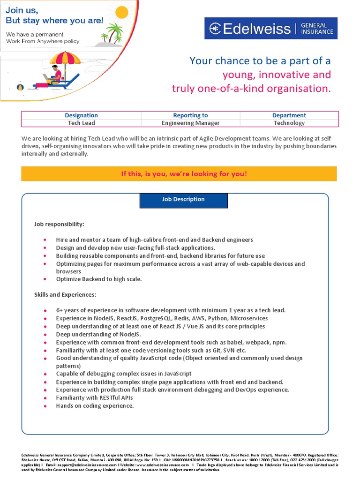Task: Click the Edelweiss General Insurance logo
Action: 270,29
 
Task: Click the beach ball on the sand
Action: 20,87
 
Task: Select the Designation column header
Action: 81,115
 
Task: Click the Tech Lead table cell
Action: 81,123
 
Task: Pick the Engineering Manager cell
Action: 190,123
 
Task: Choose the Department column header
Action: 289,115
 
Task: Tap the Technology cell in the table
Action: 289,123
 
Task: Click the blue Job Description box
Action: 183,200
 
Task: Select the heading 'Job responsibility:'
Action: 59,224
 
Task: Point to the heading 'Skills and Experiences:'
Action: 65,294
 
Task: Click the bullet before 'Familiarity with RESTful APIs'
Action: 45,398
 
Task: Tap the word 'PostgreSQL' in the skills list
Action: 159,318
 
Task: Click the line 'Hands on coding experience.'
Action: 95,406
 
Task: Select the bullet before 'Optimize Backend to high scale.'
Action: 45,279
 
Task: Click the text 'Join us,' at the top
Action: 22,9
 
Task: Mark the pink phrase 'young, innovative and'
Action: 276,75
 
